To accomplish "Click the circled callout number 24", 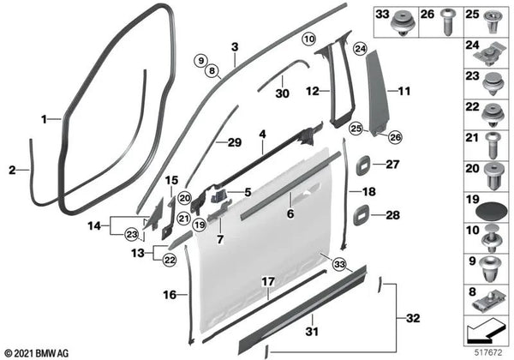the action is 360,49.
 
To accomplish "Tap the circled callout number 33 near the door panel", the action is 339,264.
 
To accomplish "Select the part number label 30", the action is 282,93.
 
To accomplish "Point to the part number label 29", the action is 235,142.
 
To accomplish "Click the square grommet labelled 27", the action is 363,164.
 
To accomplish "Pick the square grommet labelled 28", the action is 362,215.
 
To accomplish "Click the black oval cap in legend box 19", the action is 489,212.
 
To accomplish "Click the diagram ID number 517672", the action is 489,353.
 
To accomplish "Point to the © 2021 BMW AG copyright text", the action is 37,353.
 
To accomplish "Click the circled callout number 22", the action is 170,261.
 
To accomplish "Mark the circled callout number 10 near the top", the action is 308,39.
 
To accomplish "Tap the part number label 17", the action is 268,282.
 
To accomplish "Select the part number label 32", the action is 413,318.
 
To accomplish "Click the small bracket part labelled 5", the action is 218,195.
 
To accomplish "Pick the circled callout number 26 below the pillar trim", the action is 395,137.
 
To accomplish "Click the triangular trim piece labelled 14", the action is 154,214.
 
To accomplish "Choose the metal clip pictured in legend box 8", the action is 487,304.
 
